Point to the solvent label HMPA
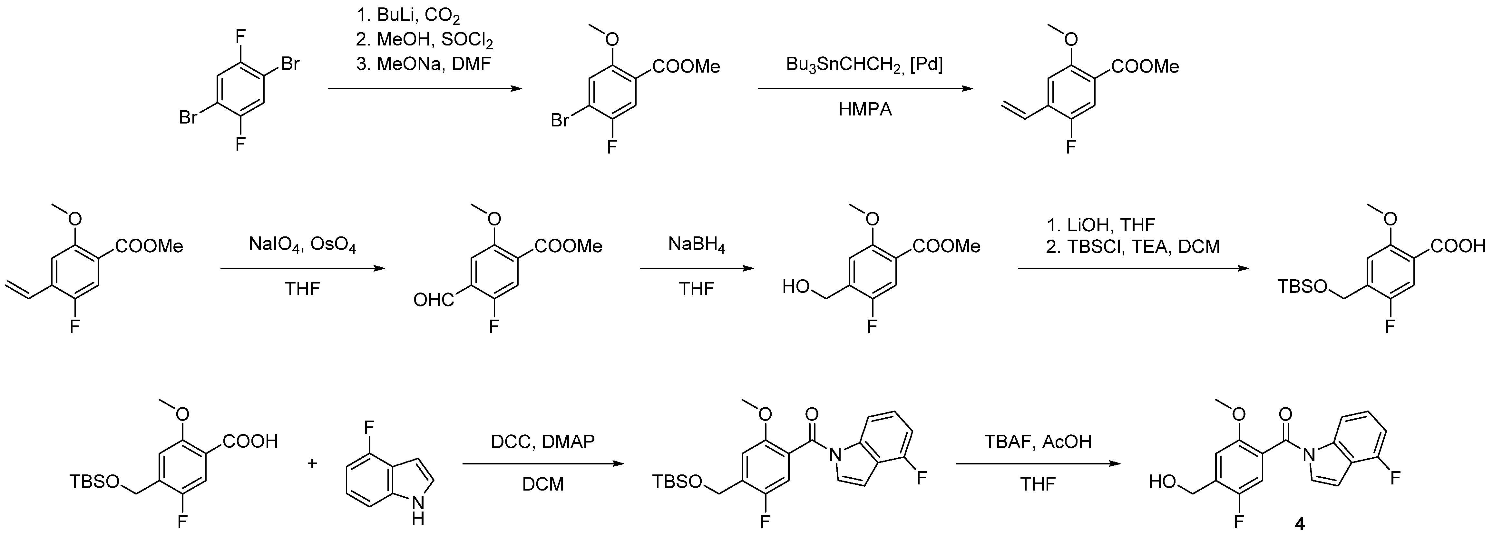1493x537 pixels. (x=865, y=110)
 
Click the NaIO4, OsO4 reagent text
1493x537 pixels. (x=303, y=245)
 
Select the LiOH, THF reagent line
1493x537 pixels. (x=1101, y=224)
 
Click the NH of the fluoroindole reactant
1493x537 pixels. (x=417, y=507)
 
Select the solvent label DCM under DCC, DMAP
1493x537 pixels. (x=542, y=484)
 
